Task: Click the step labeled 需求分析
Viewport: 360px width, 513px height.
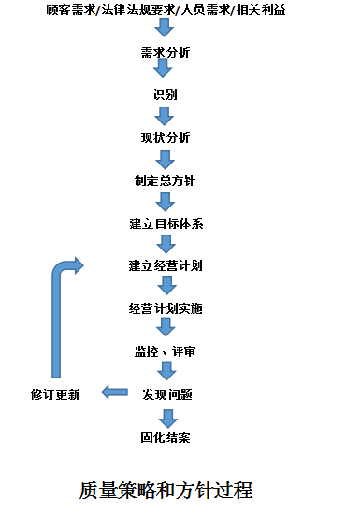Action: (x=166, y=52)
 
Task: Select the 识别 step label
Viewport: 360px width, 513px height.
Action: (x=166, y=94)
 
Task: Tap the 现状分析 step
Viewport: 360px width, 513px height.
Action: (x=166, y=137)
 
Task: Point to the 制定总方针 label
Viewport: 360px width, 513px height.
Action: (x=166, y=180)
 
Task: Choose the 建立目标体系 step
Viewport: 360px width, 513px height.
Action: (x=166, y=223)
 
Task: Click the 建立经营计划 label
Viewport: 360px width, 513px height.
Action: (x=166, y=265)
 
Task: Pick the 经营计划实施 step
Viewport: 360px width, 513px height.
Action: (x=166, y=308)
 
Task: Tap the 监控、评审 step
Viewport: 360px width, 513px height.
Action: (x=166, y=351)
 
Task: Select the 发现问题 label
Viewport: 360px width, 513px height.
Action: (x=167, y=394)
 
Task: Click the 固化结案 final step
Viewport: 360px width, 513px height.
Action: (x=166, y=437)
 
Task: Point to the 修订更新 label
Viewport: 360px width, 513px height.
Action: (x=55, y=394)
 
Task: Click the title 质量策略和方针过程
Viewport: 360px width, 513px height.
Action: (x=166, y=490)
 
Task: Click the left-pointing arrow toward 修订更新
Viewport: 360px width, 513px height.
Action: (x=114, y=392)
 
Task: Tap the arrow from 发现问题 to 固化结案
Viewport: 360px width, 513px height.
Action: (x=168, y=419)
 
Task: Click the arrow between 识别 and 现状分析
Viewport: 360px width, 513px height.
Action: (x=165, y=116)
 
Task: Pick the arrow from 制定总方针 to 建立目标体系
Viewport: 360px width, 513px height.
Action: (x=166, y=202)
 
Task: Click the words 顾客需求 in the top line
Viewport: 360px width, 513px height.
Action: (x=71, y=10)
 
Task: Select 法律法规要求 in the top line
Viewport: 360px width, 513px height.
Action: (x=138, y=10)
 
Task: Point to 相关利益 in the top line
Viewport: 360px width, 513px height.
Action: (x=261, y=10)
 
